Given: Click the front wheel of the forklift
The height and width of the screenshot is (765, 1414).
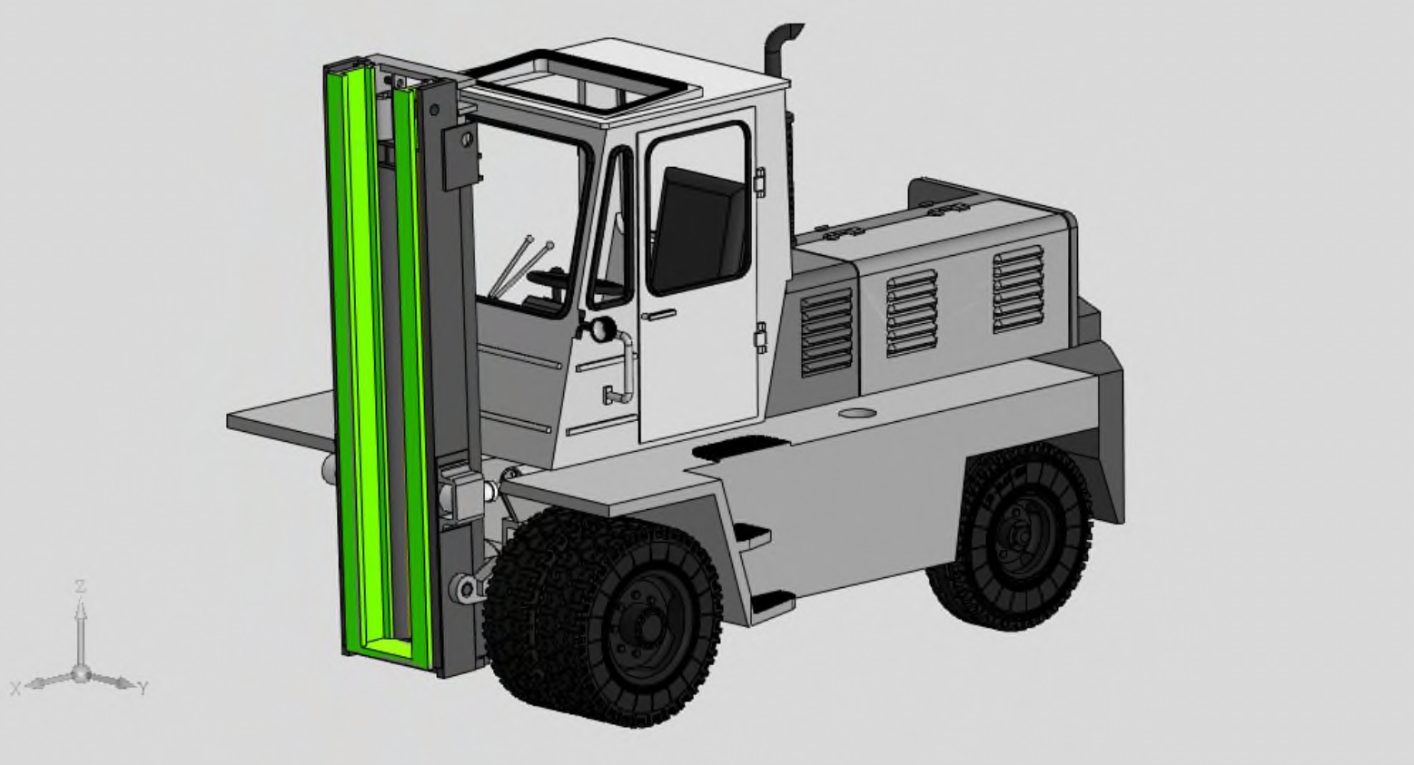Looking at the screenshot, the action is click(x=603, y=618).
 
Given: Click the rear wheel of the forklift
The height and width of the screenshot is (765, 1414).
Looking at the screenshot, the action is click(x=1010, y=536).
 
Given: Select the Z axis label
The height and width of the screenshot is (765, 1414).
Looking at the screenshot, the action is click(x=80, y=586).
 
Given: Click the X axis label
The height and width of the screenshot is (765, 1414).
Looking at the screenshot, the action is click(x=15, y=688).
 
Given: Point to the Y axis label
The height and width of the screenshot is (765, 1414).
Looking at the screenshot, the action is click(x=143, y=688).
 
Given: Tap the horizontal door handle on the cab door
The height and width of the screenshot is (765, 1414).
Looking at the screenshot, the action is click(x=659, y=315).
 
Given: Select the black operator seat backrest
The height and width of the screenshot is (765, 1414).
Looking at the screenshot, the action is click(x=697, y=230).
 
